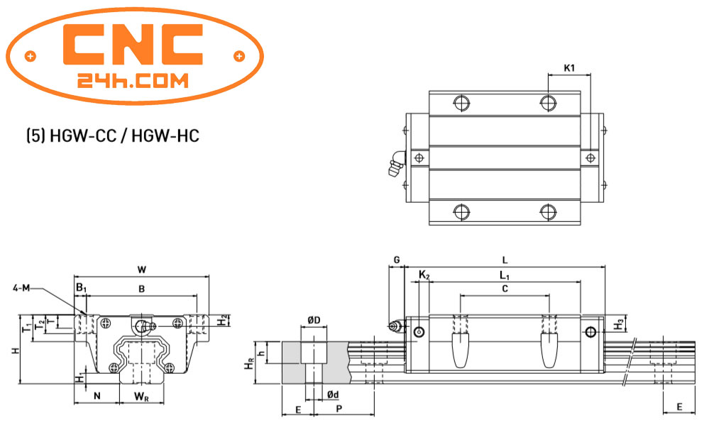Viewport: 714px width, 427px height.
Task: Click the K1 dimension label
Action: click(569, 68)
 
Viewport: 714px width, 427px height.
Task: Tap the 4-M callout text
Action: click(21, 288)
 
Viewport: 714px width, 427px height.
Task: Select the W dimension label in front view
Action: click(141, 269)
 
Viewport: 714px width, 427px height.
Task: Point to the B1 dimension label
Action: click(81, 288)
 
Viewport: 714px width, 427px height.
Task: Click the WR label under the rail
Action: click(143, 396)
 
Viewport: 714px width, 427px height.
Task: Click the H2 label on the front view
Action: click(223, 321)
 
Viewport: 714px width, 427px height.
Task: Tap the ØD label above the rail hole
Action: click(313, 321)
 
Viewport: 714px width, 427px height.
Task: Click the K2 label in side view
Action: click(424, 274)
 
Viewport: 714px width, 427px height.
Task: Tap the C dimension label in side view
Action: click(504, 289)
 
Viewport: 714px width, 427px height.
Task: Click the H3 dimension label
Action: click(619, 325)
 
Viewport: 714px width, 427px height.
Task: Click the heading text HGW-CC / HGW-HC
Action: click(112, 135)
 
